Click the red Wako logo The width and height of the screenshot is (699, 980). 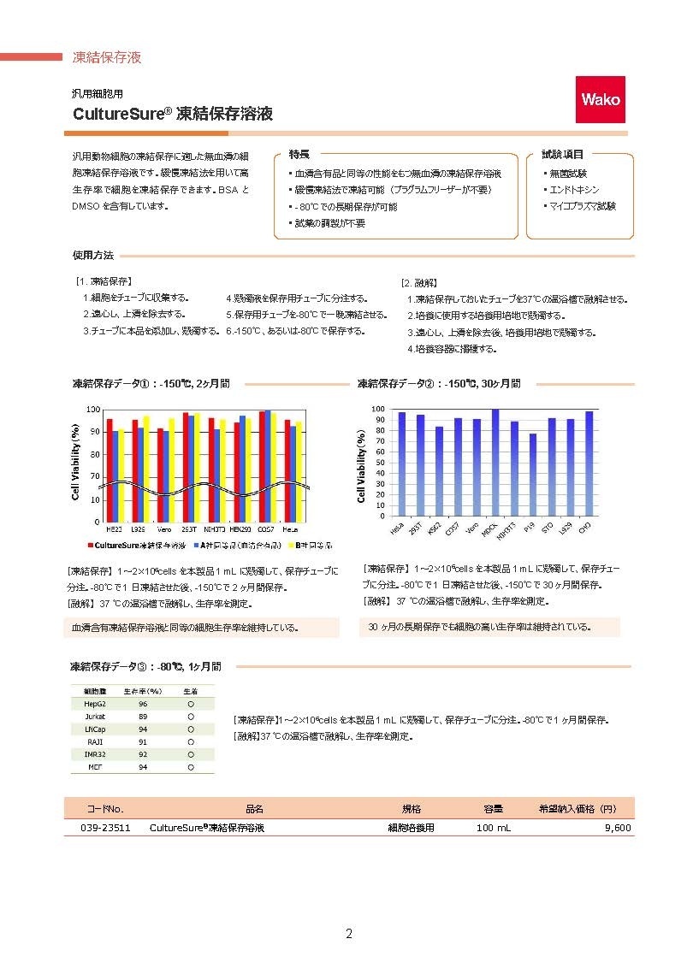click(601, 99)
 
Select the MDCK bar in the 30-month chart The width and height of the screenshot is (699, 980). click(495, 462)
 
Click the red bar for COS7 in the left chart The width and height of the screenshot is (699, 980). click(263, 466)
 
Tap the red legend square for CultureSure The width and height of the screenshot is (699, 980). click(89, 545)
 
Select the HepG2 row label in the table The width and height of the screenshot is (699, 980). click(95, 703)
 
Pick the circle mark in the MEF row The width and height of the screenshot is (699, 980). click(190, 767)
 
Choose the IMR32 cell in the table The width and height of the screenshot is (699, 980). click(95, 754)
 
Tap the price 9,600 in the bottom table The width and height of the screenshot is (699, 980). click(617, 828)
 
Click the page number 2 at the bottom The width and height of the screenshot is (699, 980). click(349, 933)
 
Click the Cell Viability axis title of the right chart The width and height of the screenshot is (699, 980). click(362, 466)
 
